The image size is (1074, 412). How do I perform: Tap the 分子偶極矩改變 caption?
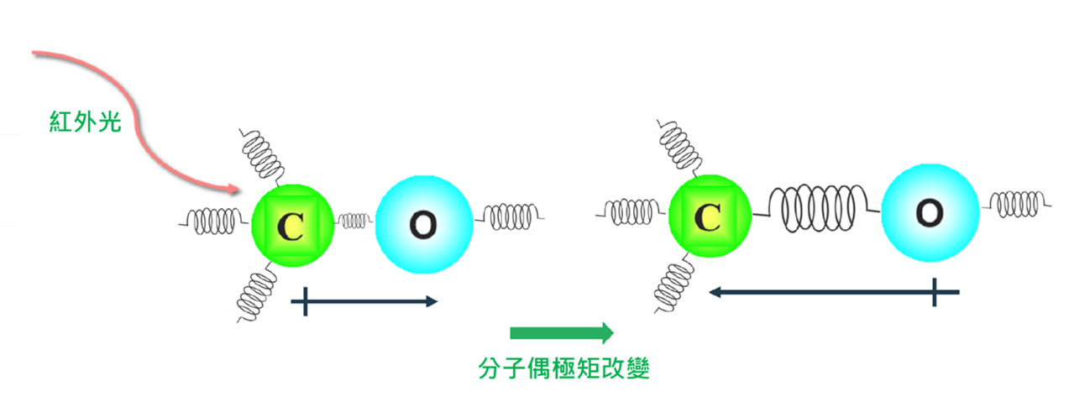point(564,368)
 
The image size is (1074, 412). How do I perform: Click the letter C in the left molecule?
point(291,226)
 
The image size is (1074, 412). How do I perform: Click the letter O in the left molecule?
point(423,223)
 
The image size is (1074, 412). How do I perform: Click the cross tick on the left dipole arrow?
point(306,301)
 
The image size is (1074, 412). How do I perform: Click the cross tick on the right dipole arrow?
point(935,292)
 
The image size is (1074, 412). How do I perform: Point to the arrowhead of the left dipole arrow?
point(432,301)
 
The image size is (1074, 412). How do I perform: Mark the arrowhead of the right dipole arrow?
point(716,292)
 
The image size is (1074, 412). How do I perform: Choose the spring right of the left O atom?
point(510,216)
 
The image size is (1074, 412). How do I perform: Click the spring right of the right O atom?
point(1019,203)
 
